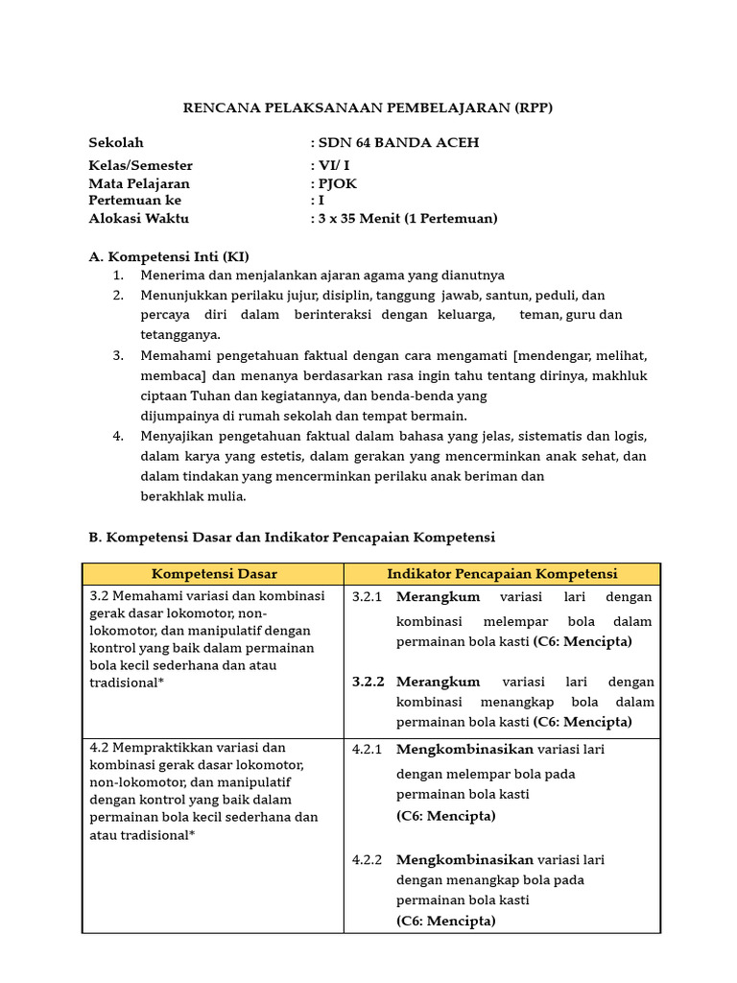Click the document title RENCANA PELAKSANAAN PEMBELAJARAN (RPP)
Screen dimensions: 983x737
tap(368, 108)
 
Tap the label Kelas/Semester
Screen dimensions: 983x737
tap(140, 165)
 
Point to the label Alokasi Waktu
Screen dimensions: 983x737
tap(138, 218)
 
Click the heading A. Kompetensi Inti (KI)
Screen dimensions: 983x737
tap(169, 256)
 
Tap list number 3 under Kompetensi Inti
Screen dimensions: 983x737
tap(118, 355)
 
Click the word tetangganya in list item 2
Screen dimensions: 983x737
tap(180, 334)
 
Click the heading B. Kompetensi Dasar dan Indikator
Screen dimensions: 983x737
tap(292, 537)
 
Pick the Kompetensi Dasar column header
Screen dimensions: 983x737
tap(214, 574)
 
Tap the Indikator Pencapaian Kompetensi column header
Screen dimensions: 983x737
tap(502, 574)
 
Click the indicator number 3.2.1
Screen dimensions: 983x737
tap(367, 597)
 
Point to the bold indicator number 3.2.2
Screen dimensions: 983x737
tap(368, 682)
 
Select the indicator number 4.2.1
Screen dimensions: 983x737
tap(367, 749)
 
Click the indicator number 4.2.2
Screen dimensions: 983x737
tap(367, 859)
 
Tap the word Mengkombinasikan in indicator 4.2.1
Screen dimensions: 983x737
tap(464, 749)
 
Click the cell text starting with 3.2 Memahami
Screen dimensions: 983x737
tap(206, 595)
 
